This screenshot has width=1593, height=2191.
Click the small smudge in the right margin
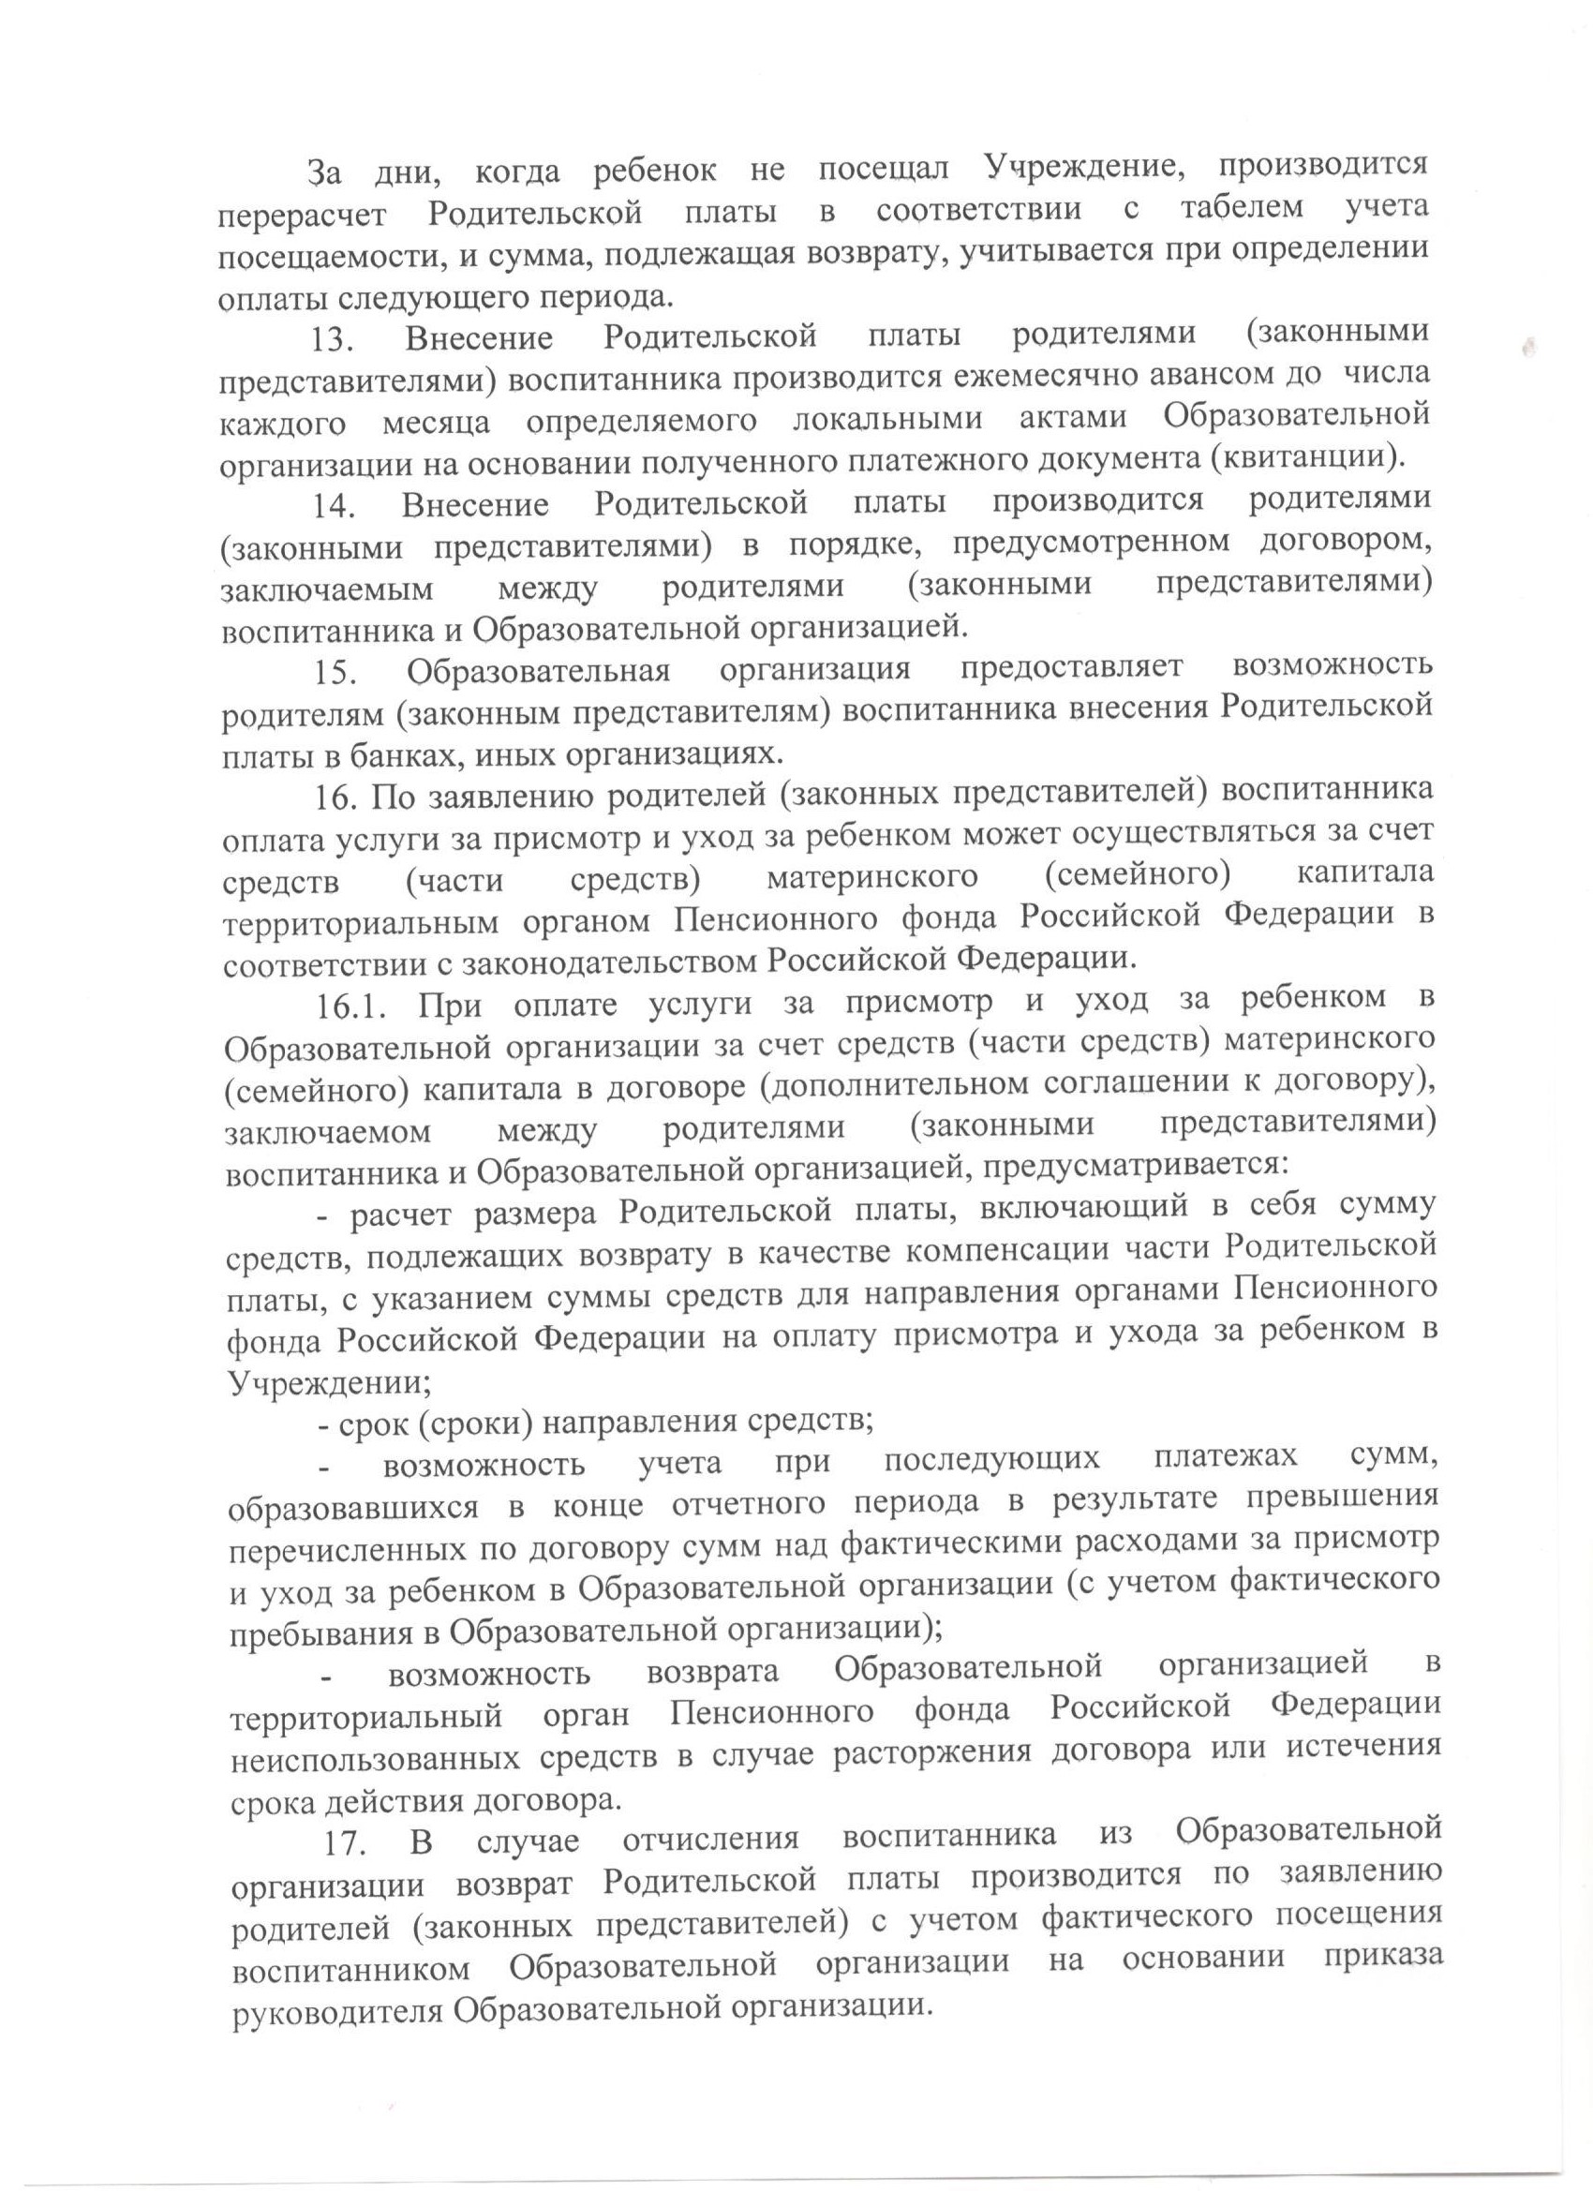(1527, 348)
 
